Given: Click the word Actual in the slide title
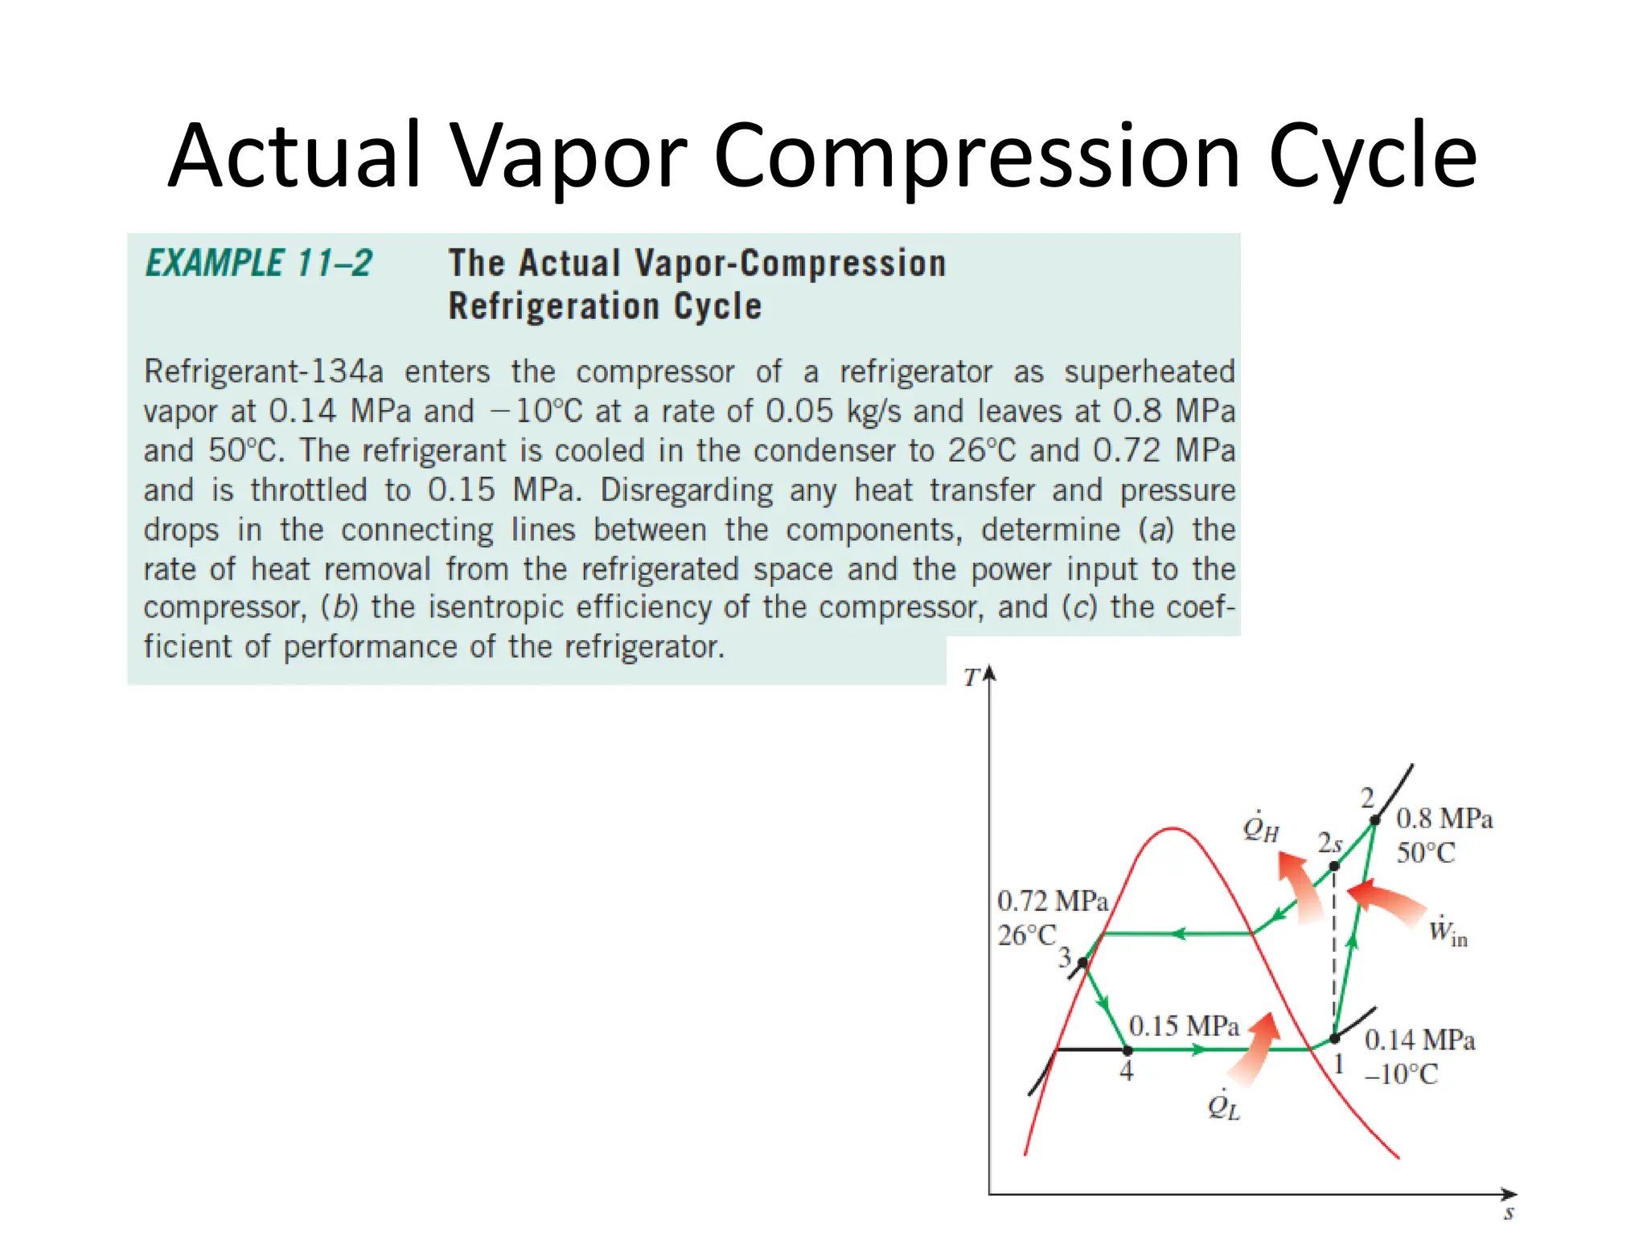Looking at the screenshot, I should pyautogui.click(x=294, y=155).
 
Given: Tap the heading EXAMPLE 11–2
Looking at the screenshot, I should pyautogui.click(x=259, y=264).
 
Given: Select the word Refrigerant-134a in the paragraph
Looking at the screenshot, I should pyautogui.click(x=263, y=372).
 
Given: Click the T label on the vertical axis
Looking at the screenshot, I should pyautogui.click(x=971, y=678).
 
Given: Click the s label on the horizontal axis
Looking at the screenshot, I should pyautogui.click(x=1509, y=1212).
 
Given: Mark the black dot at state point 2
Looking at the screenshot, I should pyautogui.click(x=1375, y=821).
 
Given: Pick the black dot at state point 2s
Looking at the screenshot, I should pyautogui.click(x=1334, y=866).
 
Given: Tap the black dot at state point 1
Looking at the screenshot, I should pyautogui.click(x=1335, y=1038).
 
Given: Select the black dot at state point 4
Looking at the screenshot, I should pyautogui.click(x=1127, y=1050).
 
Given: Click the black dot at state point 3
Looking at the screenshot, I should pyautogui.click(x=1083, y=962).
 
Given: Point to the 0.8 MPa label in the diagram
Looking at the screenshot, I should pyautogui.click(x=1444, y=819).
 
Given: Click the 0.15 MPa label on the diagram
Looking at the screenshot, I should pyautogui.click(x=1184, y=1026).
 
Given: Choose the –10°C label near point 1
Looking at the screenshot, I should pyautogui.click(x=1401, y=1074).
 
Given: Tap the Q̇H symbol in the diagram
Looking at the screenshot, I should pyautogui.click(x=1260, y=828).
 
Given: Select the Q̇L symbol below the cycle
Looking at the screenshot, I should pyautogui.click(x=1223, y=1106).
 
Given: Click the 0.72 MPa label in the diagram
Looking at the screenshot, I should pyautogui.click(x=1052, y=901).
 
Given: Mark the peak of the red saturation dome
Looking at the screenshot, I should pyautogui.click(x=1173, y=828).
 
